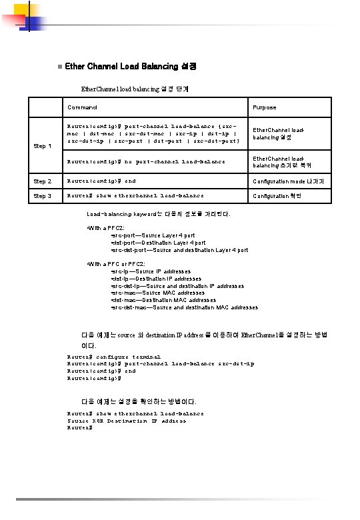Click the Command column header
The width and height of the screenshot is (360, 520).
(82, 107)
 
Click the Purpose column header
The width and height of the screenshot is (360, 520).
(264, 107)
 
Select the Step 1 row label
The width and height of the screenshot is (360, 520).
(43, 146)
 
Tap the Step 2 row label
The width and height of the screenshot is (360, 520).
(43, 181)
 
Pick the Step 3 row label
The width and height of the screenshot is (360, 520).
(43, 196)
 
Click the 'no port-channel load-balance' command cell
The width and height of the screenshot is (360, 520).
(146, 161)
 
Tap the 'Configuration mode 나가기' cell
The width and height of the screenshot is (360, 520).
(288, 181)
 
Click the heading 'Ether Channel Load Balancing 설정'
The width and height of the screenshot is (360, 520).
(131, 67)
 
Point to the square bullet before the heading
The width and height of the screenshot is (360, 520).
(59, 67)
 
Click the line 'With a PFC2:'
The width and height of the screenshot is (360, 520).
(101, 228)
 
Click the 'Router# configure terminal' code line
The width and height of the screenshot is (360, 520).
(114, 357)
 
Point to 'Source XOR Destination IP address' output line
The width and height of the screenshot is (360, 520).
(127, 421)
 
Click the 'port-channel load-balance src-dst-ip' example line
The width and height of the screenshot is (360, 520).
(161, 364)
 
